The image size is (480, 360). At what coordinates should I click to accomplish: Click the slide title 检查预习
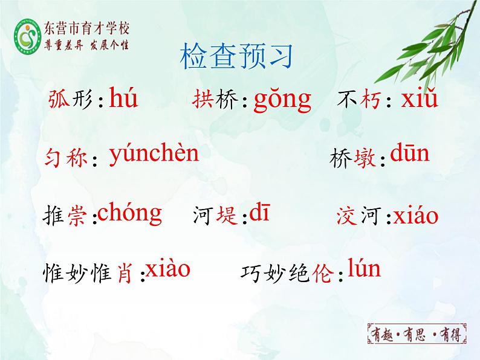pos(236,57)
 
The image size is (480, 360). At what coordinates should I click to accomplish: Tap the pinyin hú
pos(123,98)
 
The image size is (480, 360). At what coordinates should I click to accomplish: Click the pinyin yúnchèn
pos(154,155)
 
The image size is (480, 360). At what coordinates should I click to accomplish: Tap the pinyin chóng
pos(129,213)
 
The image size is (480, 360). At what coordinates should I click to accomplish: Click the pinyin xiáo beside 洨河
pos(415,216)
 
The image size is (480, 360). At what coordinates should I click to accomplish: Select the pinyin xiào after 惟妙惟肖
pos(168,269)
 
